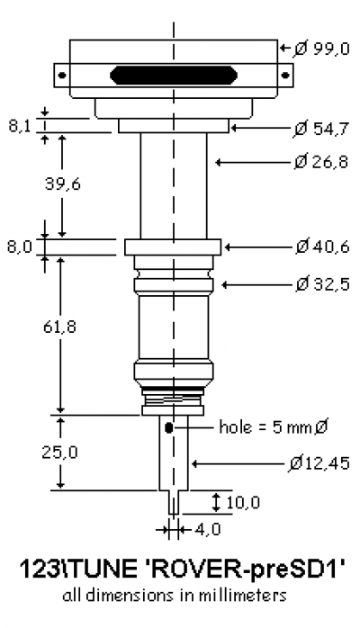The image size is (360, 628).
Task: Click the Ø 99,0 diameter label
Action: tap(321, 49)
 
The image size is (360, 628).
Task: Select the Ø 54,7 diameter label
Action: tap(321, 129)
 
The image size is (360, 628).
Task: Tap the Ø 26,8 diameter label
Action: tap(321, 162)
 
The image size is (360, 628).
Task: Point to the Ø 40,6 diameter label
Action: tap(322, 247)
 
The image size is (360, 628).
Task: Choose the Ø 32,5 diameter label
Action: tap(322, 284)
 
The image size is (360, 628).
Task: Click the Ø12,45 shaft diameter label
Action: tap(319, 463)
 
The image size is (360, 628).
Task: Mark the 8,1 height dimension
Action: tap(19, 126)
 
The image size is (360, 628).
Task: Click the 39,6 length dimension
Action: tap(62, 184)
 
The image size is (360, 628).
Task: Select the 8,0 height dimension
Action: tap(19, 247)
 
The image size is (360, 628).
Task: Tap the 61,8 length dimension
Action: tap(59, 327)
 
